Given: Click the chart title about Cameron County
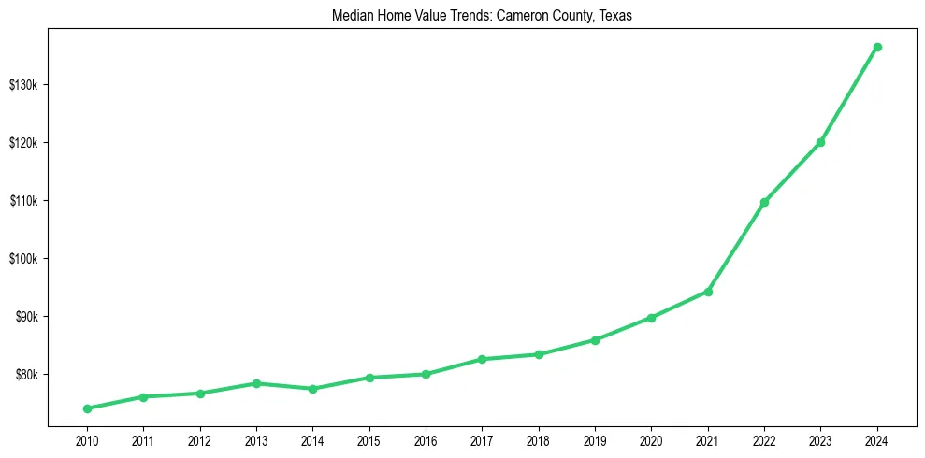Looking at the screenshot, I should click(482, 16).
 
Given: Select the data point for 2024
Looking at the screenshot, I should click(877, 47).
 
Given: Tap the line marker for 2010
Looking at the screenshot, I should click(87, 408).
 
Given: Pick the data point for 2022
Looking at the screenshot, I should click(764, 202).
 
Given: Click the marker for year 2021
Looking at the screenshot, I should click(708, 292).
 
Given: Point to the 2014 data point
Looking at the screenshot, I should click(312, 389).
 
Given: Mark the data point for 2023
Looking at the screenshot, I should click(820, 142).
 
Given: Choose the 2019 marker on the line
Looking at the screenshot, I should click(595, 340).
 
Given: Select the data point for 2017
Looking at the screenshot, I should click(482, 359).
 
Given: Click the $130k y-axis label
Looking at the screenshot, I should click(22, 85).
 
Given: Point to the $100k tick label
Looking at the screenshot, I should click(22, 259).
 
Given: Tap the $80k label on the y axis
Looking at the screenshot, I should click(25, 375).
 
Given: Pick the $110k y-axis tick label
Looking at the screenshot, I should click(22, 201).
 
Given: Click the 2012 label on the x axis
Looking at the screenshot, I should click(199, 439).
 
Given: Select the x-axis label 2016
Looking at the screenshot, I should click(426, 439).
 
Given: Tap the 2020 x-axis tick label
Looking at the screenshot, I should click(651, 439).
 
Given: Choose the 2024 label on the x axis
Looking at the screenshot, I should click(877, 439).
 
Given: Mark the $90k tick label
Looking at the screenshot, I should click(25, 317).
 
